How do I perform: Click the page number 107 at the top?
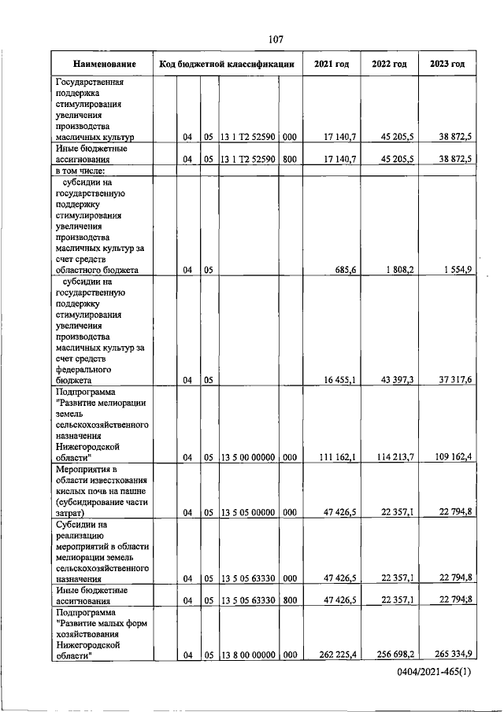pos(275,39)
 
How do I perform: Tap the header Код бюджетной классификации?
pos(226,64)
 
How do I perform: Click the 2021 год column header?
pos(331,64)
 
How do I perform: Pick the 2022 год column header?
pos(388,64)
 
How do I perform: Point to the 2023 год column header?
pos(447,64)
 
